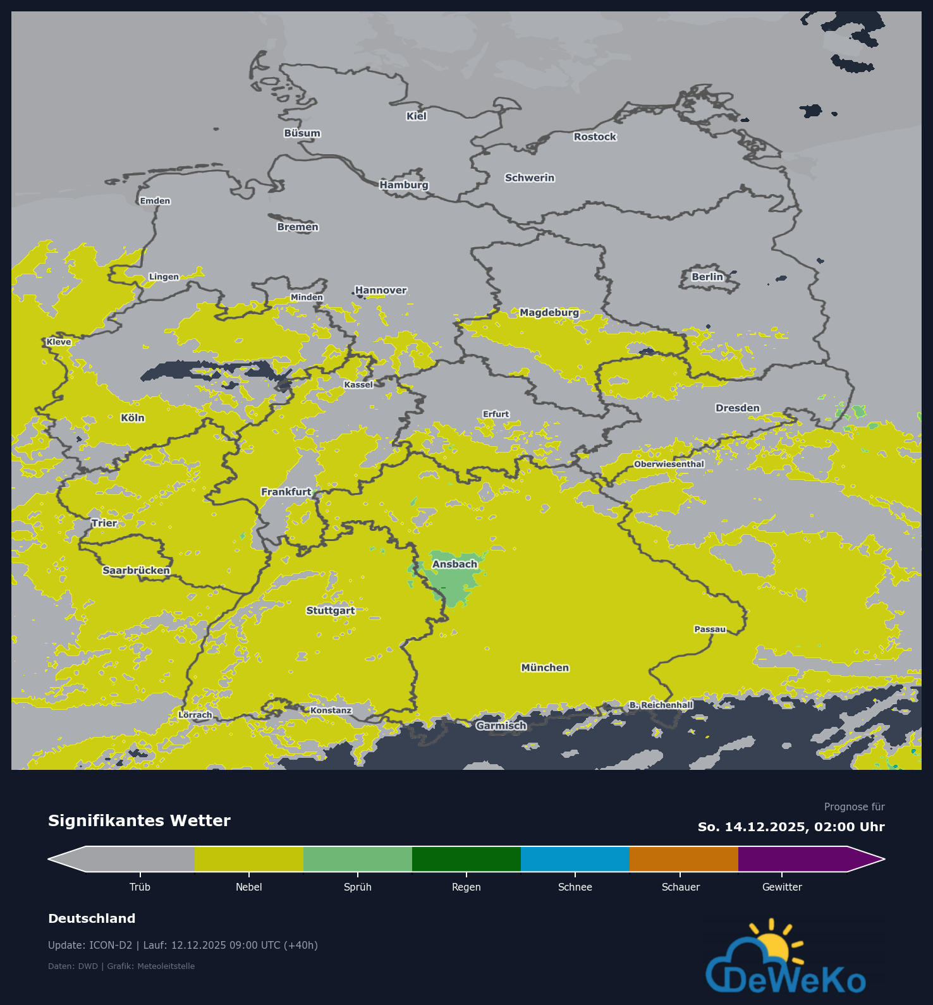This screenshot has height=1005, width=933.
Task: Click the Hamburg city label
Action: pos(404,185)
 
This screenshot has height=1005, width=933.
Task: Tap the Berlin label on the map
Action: pos(707,277)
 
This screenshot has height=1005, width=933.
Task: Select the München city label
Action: pos(545,668)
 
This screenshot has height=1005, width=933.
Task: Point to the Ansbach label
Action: pos(454,564)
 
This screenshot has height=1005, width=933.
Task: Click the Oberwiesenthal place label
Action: pos(669,465)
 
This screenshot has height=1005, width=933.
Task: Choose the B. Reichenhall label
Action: pos(661,705)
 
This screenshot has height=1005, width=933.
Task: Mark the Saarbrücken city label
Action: pos(136,571)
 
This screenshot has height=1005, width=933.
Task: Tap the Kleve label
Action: pos(59,342)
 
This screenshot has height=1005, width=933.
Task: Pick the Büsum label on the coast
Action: pos(302,133)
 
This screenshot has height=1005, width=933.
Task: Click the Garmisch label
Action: pos(501,726)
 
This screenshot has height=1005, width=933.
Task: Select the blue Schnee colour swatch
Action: pos(575,859)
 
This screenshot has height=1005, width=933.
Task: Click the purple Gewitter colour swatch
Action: pos(793,859)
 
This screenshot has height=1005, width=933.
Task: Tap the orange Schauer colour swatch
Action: pos(683,859)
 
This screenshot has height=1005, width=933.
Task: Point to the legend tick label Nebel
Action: pos(248,887)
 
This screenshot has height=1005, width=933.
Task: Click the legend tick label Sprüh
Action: pos(357,887)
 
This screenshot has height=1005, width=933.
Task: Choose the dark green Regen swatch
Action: pos(466,859)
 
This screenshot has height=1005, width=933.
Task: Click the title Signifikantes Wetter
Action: pos(139,821)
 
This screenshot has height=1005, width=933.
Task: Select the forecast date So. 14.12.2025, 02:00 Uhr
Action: pos(791,827)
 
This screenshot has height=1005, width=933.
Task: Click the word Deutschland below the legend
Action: pos(92,919)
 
